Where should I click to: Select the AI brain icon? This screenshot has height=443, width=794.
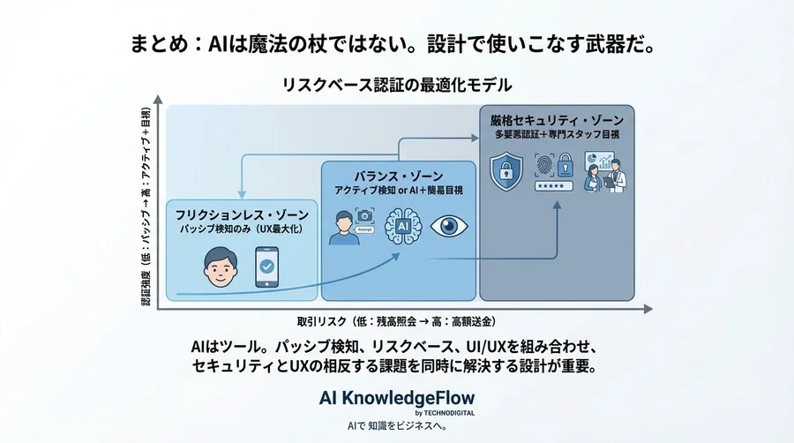(x=402, y=226)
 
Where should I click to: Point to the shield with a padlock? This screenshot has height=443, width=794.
(x=507, y=169)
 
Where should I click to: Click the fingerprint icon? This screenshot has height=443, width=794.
(x=545, y=165)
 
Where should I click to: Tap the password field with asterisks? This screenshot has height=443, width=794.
(x=551, y=187)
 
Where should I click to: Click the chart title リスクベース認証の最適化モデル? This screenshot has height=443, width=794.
(x=396, y=86)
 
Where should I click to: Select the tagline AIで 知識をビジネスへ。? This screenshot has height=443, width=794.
(x=396, y=426)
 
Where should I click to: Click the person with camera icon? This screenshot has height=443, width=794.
(x=351, y=228)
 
